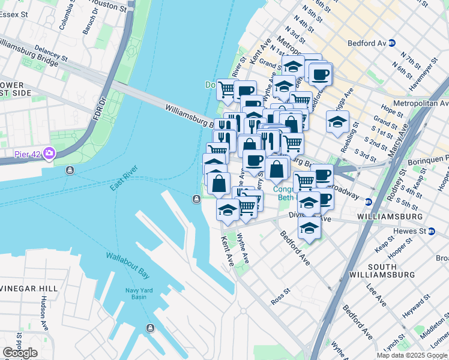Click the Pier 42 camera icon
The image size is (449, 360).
tap(48, 154)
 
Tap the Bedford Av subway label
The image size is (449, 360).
tap(367, 43)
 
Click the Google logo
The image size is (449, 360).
tap(20, 353)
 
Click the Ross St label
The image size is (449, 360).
tap(280, 297)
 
